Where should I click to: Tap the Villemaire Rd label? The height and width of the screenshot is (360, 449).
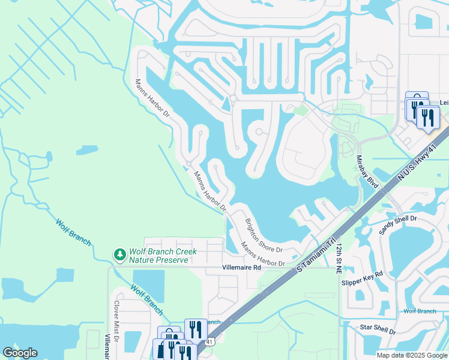pyautogui.click(x=241, y=268)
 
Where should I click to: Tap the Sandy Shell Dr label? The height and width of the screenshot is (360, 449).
pyautogui.click(x=398, y=224)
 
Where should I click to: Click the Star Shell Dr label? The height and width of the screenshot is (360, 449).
pyautogui.click(x=377, y=329)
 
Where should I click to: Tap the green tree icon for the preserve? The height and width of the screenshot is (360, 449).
pyautogui.click(x=120, y=256)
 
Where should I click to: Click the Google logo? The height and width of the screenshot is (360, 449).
pyautogui.click(x=20, y=353)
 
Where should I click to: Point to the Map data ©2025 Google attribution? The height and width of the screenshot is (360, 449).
pyautogui.click(x=412, y=355)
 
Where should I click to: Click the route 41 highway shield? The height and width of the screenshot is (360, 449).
pyautogui.click(x=208, y=341)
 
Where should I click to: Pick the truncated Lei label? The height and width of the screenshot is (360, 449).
pyautogui.click(x=444, y=103)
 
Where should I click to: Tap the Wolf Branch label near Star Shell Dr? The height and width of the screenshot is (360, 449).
pyautogui.click(x=420, y=311)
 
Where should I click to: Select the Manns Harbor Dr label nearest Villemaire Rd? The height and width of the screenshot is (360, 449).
pyautogui.click(x=262, y=255)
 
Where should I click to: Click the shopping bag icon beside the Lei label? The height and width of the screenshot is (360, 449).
pyautogui.click(x=416, y=101)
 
